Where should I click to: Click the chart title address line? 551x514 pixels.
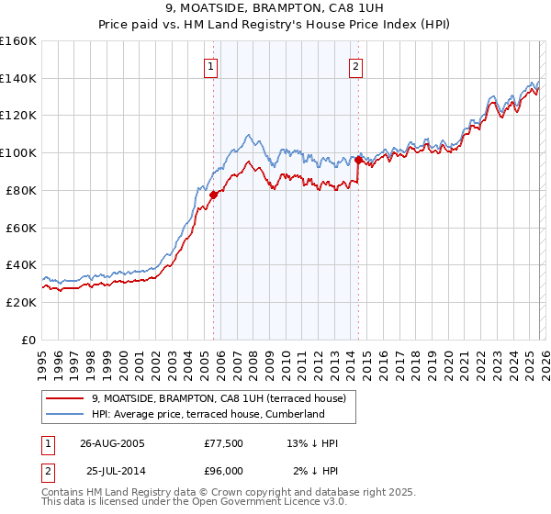pyautogui.click(x=275, y=9)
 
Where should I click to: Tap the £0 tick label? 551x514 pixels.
pyautogui.click(x=28, y=340)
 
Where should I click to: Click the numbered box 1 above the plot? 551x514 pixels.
pyautogui.click(x=211, y=66)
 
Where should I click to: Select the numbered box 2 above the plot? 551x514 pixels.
pyautogui.click(x=355, y=66)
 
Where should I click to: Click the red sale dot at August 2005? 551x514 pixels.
pyautogui.click(x=213, y=195)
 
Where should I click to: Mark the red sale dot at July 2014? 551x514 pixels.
pyautogui.click(x=357, y=160)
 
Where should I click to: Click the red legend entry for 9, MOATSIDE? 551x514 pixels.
pyautogui.click(x=219, y=398)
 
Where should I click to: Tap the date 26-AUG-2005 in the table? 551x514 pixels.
pyautogui.click(x=112, y=443)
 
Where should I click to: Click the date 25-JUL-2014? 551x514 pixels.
pyautogui.click(x=112, y=471)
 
